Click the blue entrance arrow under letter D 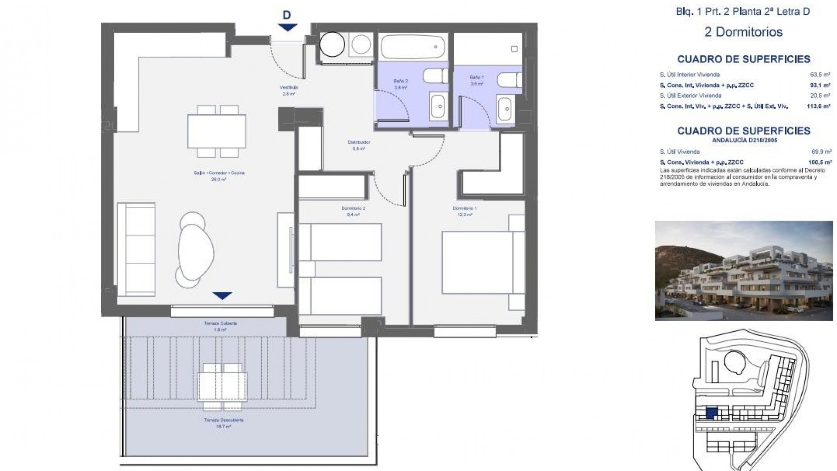(287, 27)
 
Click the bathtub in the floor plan (412, 47)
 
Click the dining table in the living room (217, 131)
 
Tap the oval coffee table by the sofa (196, 249)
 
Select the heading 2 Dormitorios (743, 32)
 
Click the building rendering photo (743, 270)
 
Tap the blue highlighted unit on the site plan (711, 413)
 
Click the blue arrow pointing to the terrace (222, 296)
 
